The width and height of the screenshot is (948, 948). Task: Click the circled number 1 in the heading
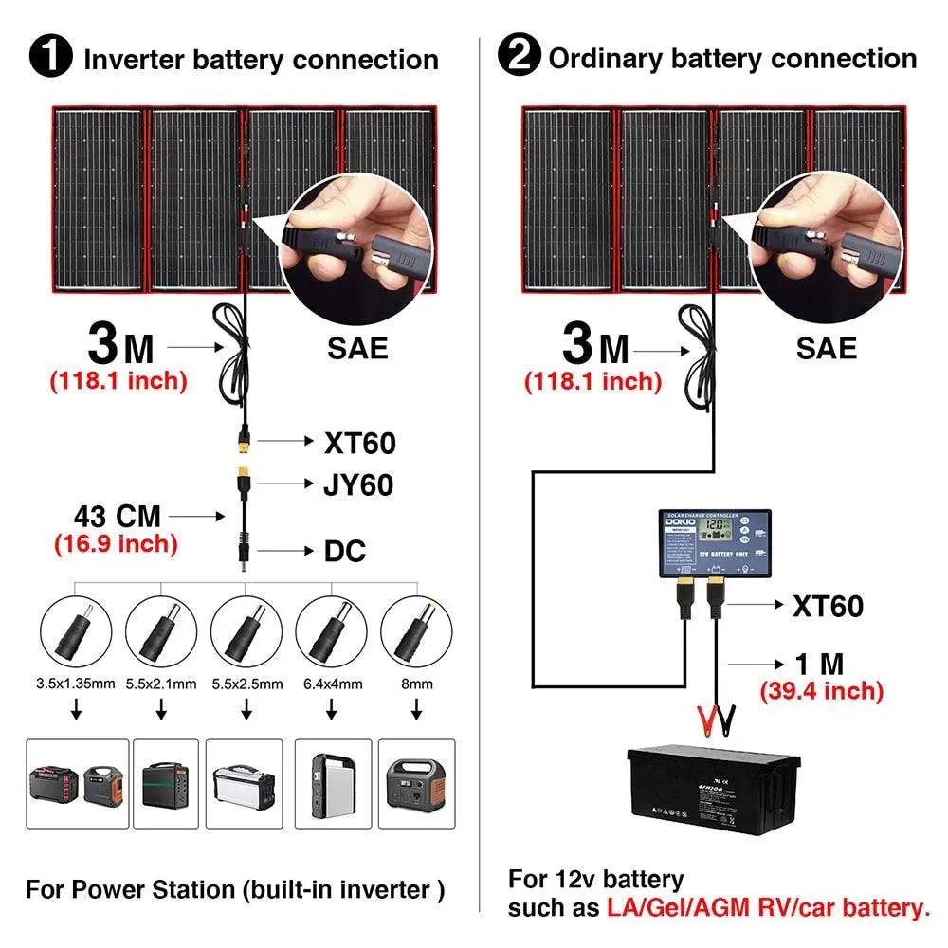point(51,59)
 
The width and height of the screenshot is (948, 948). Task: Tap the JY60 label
point(358,485)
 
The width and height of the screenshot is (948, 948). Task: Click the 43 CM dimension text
point(118,517)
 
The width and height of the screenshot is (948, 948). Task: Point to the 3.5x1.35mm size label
point(75,684)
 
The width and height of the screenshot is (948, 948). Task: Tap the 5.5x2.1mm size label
point(161,684)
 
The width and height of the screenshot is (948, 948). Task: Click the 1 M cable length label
point(821,664)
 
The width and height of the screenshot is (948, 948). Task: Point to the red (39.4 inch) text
point(821,691)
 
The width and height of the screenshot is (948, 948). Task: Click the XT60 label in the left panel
point(359,442)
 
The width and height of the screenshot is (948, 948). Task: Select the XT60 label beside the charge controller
point(828,606)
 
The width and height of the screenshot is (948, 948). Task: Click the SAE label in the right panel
point(827,348)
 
